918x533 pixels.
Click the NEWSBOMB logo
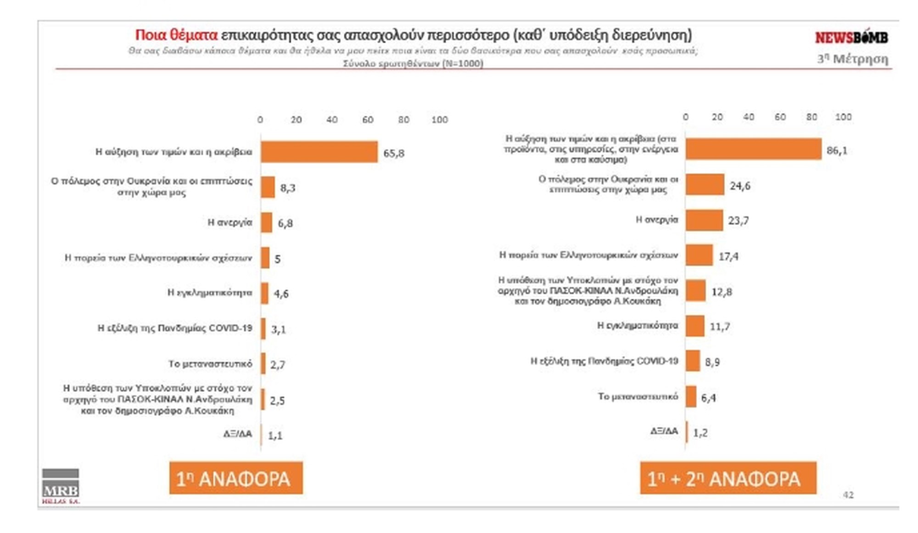(851, 37)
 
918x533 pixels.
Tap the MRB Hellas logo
(61, 486)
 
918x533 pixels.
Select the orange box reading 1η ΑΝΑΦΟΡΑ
(236, 478)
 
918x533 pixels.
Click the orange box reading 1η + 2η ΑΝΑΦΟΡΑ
(728, 478)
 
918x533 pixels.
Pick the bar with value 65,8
(319, 152)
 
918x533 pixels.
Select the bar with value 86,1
(753, 149)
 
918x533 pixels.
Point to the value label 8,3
(288, 188)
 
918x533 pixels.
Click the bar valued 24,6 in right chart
(705, 185)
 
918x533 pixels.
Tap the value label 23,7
(738, 221)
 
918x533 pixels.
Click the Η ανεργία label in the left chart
(230, 223)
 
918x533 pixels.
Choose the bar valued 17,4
(700, 255)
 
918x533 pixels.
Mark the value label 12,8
(722, 292)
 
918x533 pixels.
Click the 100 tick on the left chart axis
(439, 120)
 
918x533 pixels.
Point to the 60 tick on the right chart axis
(780, 117)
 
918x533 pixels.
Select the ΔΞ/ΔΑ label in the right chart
(664, 431)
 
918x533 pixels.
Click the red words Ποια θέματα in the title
(176, 35)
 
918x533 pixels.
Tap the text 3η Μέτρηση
(852, 59)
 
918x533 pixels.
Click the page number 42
(848, 495)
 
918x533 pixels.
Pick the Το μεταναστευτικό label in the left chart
(210, 364)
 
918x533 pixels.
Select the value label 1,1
(275, 436)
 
